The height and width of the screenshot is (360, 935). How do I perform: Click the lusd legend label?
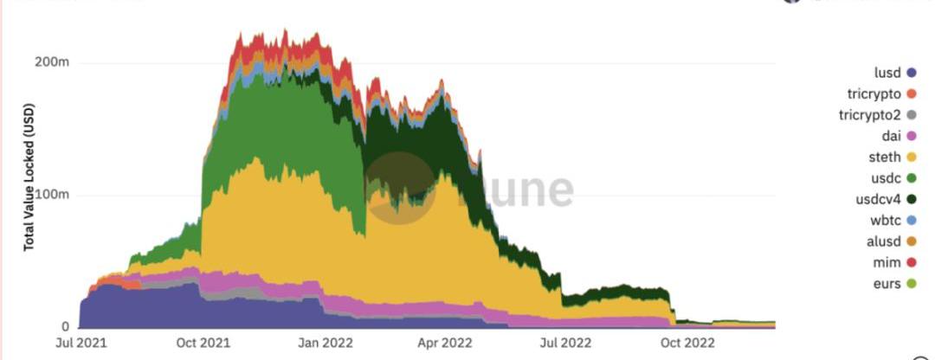(887, 73)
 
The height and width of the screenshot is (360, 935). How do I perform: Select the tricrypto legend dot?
(911, 93)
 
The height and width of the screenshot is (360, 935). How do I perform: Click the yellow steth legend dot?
(911, 157)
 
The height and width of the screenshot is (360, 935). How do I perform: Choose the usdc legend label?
(887, 178)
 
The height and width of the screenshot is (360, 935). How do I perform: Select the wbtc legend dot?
(911, 221)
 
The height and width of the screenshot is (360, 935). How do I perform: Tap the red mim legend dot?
(911, 263)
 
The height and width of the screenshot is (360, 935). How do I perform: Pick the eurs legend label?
(887, 284)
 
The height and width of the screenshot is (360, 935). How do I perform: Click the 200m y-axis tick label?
(52, 62)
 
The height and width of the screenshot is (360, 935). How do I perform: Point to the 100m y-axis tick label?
(52, 195)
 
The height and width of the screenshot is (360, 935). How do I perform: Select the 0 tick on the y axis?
(63, 327)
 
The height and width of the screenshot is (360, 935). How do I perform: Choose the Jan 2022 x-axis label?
(325, 343)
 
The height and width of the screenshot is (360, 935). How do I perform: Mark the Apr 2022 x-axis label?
(445, 343)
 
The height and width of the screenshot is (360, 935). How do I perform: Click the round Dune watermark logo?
(399, 189)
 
